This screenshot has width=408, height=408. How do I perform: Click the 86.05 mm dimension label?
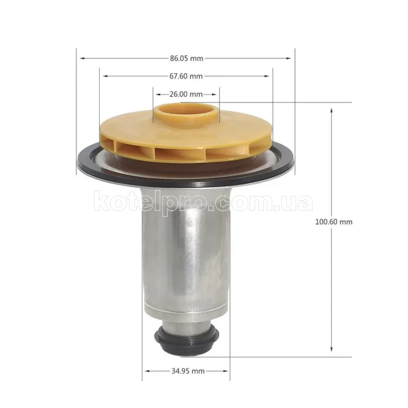(x=187, y=58)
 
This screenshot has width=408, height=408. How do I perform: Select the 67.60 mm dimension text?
(x=187, y=76)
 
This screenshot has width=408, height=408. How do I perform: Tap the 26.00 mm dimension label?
(x=186, y=94)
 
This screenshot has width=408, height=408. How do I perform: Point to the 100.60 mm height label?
(x=334, y=221)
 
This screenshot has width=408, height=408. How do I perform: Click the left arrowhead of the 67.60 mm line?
(x=103, y=76)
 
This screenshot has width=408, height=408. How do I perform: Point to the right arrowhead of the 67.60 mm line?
(x=269, y=76)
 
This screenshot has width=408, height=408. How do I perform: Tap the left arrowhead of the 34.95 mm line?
(x=146, y=371)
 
